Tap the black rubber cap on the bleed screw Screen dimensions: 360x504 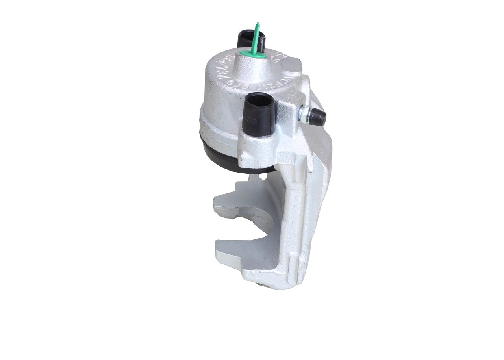coord(318,117)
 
